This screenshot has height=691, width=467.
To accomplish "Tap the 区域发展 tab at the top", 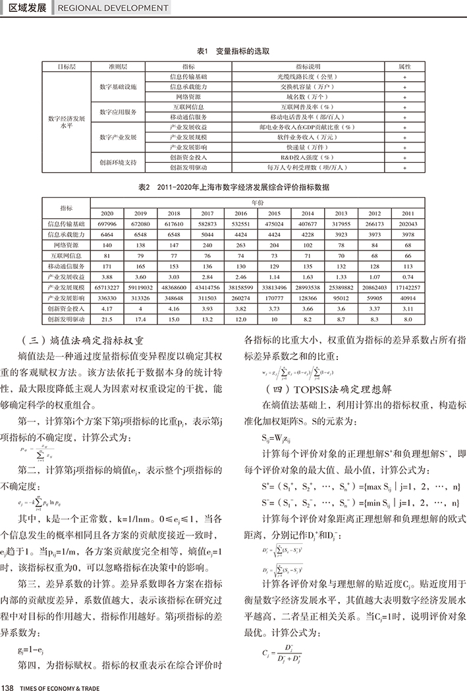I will [26, 8].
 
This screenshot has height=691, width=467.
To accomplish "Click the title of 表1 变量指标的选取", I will [233, 51].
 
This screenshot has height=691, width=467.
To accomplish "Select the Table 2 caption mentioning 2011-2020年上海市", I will [233, 187].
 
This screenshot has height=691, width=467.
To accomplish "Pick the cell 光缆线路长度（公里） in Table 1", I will [312, 77].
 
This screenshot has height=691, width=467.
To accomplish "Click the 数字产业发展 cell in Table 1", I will [119, 136].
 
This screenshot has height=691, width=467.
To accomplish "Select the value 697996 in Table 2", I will [107, 224].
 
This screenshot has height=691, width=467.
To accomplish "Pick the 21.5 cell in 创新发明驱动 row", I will [107, 319].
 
